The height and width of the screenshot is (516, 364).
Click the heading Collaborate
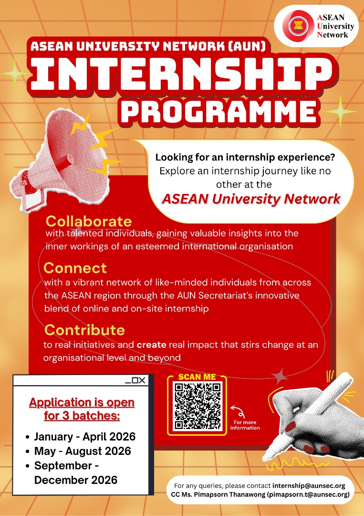pos(88,222)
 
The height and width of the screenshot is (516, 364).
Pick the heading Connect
pos(75,268)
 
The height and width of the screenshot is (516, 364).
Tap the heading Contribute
pos(85,330)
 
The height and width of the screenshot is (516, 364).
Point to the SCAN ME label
pos(197,377)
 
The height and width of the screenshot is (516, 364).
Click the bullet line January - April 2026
pos(85,437)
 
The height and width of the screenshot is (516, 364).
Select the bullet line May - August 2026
pos(83,451)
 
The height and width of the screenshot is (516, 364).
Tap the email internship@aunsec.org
pos(309,486)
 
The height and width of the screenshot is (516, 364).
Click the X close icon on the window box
pos(141,380)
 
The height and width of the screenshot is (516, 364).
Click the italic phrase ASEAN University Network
pos(251,199)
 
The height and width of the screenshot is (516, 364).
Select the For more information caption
pos(245,425)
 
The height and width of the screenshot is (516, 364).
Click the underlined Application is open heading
pos(82,402)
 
